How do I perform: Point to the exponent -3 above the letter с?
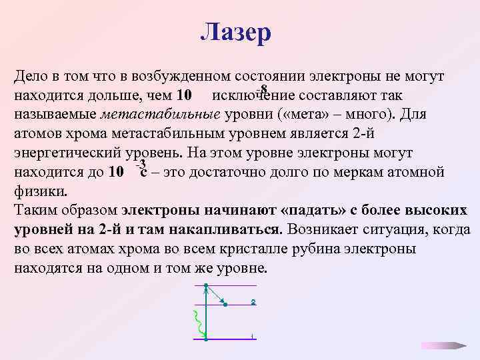(140, 164)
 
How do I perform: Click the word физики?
(39, 191)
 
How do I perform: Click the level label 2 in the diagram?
(253, 302)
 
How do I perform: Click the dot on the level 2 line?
(225, 305)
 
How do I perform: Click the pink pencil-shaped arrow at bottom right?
(443, 345)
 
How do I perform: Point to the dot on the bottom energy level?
(207, 339)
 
